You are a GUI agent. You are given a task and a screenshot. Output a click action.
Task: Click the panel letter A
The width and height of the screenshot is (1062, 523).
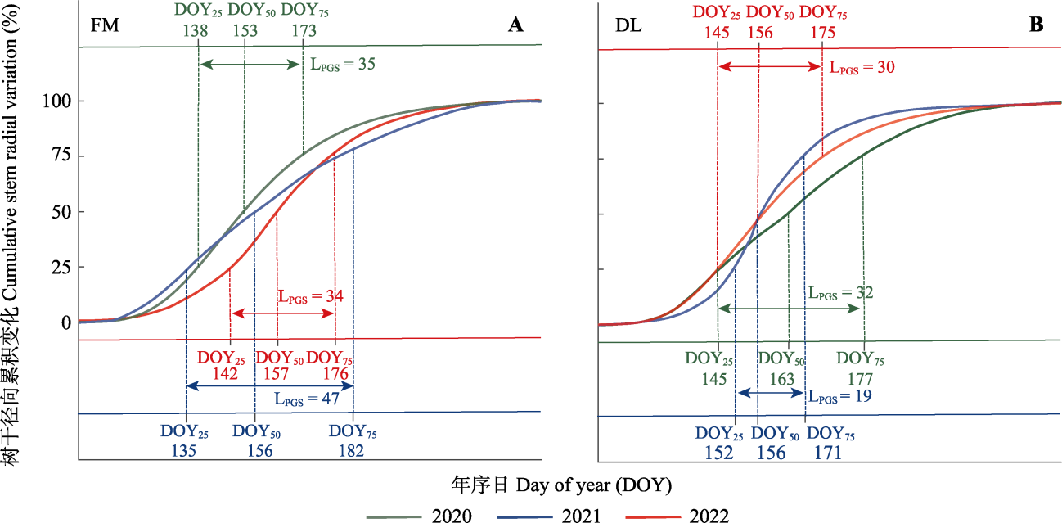[515, 25]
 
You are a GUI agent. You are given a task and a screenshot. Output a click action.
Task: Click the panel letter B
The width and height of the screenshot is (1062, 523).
[1036, 25]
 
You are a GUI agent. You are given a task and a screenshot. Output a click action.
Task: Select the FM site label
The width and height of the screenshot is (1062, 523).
[105, 25]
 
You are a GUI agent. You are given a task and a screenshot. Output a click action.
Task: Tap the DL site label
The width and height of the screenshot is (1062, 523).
[628, 25]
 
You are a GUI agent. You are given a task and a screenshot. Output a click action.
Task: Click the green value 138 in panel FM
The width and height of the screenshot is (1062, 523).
[196, 31]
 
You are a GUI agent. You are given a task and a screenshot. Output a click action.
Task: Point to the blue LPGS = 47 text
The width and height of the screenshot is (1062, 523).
[308, 400]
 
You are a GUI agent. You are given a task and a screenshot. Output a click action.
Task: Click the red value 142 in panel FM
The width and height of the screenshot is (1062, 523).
[225, 374]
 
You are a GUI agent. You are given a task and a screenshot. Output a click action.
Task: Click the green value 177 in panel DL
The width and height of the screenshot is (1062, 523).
[862, 379]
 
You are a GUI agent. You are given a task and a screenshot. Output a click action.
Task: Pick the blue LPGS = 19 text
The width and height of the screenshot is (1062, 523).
[839, 396]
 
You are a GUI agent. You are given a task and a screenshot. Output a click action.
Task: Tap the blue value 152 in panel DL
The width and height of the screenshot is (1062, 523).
[718, 453]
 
